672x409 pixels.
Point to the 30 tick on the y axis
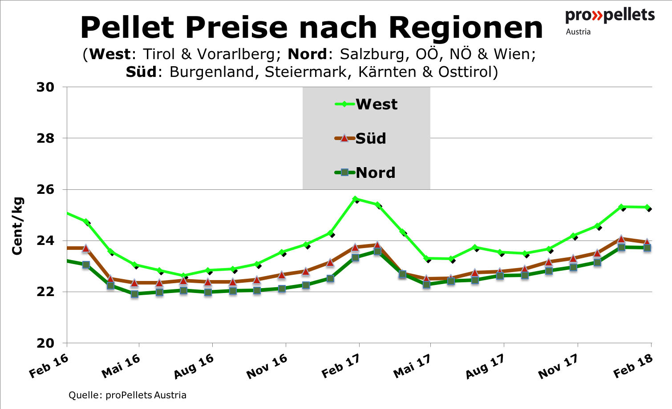pyautogui.click(x=45, y=87)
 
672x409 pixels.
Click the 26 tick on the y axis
pyautogui.click(x=45, y=189)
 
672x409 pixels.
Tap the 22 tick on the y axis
pyautogui.click(x=45, y=292)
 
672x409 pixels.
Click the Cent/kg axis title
pyautogui.click(x=17, y=226)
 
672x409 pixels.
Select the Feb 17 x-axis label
pyautogui.click(x=341, y=366)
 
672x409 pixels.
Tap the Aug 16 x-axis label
pyautogui.click(x=194, y=366)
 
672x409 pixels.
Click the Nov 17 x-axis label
pyautogui.click(x=558, y=366)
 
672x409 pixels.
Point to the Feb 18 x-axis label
pyautogui.click(x=633, y=366)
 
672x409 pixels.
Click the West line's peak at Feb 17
pyautogui.click(x=355, y=199)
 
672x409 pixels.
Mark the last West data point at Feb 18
pyautogui.click(x=648, y=207)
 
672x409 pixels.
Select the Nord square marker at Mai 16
pyautogui.click(x=134, y=294)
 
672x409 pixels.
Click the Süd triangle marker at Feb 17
pyautogui.click(x=355, y=247)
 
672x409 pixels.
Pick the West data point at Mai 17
pyautogui.click(x=426, y=258)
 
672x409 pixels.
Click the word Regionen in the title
pyautogui.click(x=466, y=28)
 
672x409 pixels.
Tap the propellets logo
pyautogui.click(x=610, y=20)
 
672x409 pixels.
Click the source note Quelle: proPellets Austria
pyautogui.click(x=127, y=395)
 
